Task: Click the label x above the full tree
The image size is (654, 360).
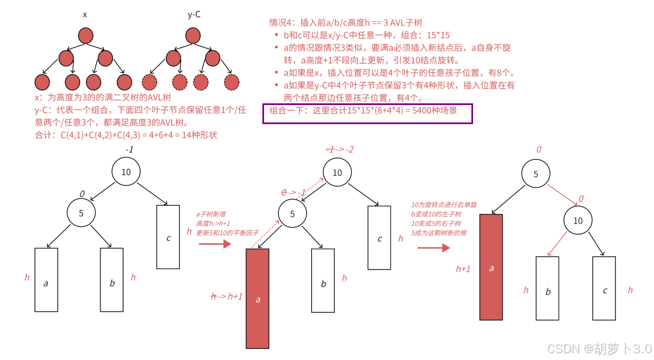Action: point(85,15)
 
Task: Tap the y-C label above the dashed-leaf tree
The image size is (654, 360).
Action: point(194,15)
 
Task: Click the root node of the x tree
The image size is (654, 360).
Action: point(85,36)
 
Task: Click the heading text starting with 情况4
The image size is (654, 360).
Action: point(346,22)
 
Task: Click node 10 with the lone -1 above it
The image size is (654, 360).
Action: point(126,172)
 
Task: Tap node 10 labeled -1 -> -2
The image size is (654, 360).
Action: point(337,172)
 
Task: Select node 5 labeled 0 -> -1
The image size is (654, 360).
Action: point(292,213)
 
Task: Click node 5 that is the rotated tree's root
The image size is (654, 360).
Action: point(535,174)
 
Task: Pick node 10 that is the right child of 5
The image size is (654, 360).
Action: point(578,221)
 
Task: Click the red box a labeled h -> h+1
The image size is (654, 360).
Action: point(257,298)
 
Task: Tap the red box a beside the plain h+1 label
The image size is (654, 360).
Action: point(491,267)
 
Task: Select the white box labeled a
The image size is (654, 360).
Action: point(46,280)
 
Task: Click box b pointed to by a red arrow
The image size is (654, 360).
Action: point(548,288)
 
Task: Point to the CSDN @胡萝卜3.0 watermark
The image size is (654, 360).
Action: point(599,349)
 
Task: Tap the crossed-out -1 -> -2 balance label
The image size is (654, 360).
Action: point(340,149)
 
